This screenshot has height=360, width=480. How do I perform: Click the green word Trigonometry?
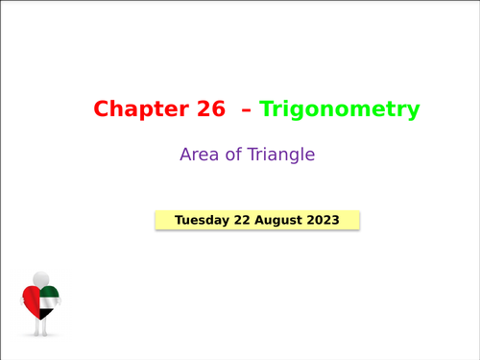click(340, 110)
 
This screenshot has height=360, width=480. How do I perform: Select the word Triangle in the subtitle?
click(280, 154)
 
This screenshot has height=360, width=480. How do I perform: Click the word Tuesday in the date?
click(202, 220)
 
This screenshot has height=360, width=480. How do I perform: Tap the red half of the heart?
click(32, 301)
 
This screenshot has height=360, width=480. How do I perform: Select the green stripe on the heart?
click(50, 292)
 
